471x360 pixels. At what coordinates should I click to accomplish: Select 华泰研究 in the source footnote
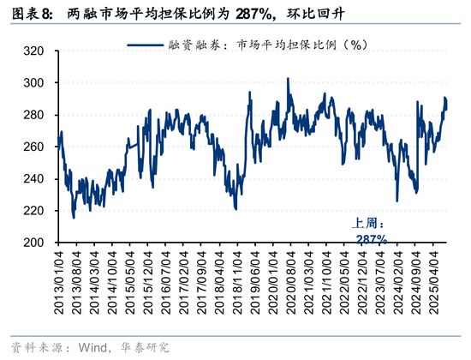coord(146,347)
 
